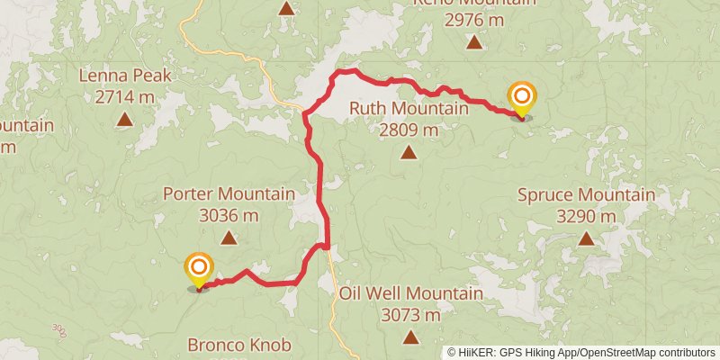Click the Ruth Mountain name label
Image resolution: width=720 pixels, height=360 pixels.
click(x=409, y=110)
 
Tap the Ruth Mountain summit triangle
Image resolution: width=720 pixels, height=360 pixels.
click(x=409, y=152)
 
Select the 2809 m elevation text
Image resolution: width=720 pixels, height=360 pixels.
click(x=409, y=130)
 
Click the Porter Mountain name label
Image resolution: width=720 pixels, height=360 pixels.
click(x=229, y=194)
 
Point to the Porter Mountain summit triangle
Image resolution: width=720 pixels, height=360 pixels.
click(x=229, y=238)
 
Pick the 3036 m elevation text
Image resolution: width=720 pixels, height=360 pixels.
click(x=229, y=216)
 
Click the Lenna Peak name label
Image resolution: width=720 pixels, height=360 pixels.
click(x=124, y=76)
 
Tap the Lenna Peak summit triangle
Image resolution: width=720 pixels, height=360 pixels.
click(x=124, y=119)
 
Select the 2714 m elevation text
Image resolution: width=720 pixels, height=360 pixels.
click(x=124, y=96)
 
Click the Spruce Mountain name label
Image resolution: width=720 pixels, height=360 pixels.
click(x=586, y=195)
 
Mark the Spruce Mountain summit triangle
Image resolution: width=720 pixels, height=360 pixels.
click(x=586, y=238)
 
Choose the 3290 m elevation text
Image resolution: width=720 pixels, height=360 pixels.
click(x=586, y=216)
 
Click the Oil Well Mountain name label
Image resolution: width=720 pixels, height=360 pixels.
click(x=411, y=294)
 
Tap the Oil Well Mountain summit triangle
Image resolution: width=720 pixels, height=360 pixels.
click(x=411, y=337)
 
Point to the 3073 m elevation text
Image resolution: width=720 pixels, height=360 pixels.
click(x=411, y=315)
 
